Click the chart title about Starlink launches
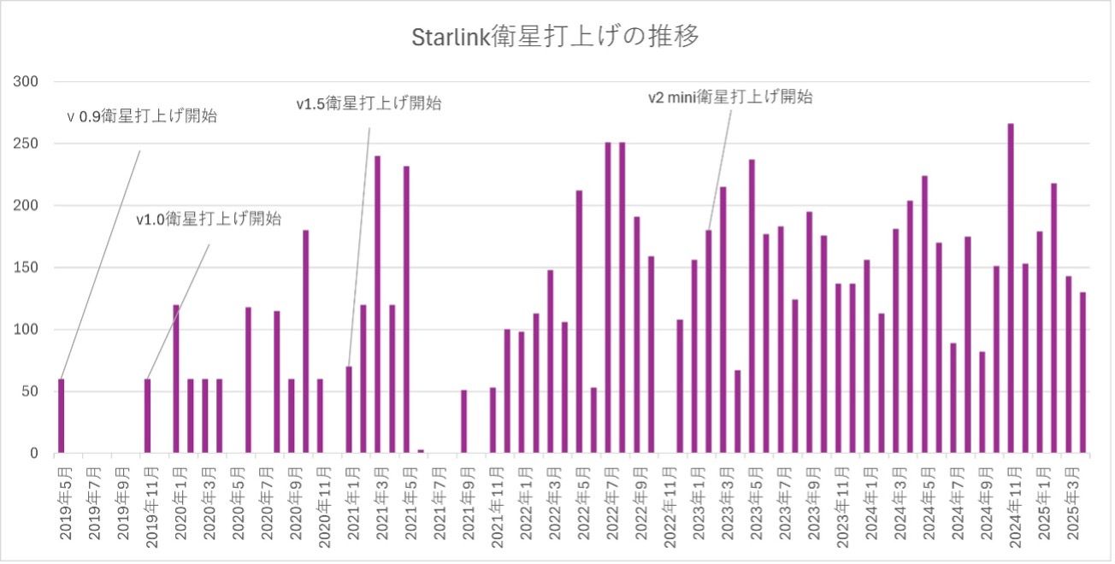coord(557,38)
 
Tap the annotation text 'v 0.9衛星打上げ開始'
coord(142,117)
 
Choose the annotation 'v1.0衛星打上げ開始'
coord(209,220)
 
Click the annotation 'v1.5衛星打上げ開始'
coord(369,104)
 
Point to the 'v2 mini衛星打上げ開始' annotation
coord(729,97)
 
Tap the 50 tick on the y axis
coord(31,392)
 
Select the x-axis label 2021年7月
coord(439,504)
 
